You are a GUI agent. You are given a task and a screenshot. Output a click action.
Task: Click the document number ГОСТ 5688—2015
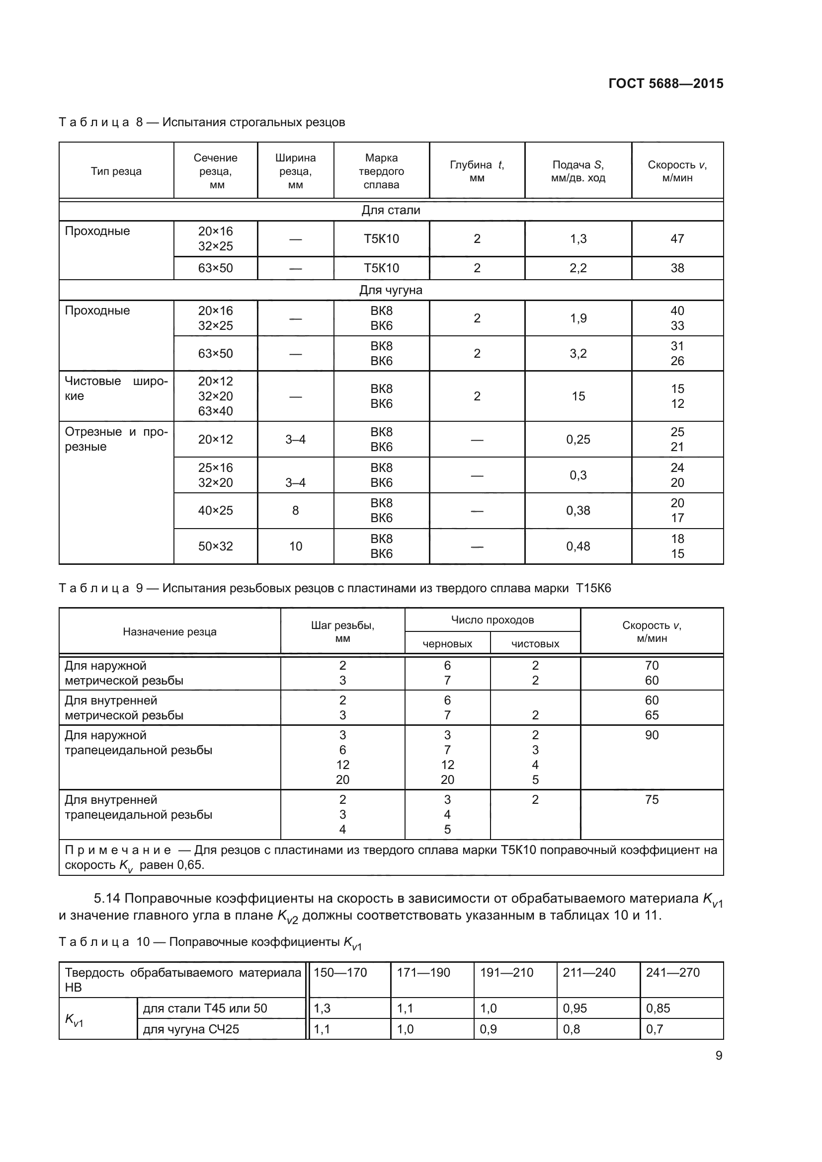point(665,83)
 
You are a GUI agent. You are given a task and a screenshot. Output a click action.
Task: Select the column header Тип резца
point(116,171)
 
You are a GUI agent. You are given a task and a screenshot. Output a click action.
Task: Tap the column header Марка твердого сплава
point(381,171)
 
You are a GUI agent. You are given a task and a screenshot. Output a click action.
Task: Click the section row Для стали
point(391,210)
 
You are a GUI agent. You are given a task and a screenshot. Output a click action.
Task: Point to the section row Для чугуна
point(391,290)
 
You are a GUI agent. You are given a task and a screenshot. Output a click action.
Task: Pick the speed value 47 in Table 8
point(677,238)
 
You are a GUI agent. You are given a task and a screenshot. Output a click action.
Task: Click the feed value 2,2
point(578,268)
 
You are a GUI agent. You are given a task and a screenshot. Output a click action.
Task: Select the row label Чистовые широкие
point(116,388)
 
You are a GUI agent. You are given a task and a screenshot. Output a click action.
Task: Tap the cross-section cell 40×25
point(216,511)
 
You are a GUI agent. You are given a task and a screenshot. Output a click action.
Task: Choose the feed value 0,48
point(578,546)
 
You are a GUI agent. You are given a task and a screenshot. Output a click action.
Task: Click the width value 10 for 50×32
point(296,546)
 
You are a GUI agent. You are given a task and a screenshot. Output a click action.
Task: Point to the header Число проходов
point(492,620)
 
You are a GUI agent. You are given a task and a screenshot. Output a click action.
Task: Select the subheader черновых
point(447,644)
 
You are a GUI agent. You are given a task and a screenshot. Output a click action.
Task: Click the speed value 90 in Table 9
point(652,735)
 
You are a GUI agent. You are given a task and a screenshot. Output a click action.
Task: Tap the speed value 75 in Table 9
point(652,800)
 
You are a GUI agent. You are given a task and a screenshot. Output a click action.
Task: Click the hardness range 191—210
point(506,972)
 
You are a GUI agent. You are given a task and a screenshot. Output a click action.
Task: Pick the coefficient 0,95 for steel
point(575,1008)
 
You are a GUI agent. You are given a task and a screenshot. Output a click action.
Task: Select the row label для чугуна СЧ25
point(191,1029)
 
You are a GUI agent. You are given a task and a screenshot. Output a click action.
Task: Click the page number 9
point(719,1055)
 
